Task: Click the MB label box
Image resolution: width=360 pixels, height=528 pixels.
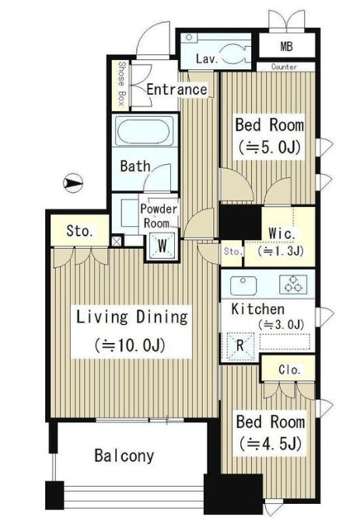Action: pyautogui.click(x=287, y=47)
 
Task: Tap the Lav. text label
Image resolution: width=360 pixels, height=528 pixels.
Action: pyautogui.click(x=206, y=59)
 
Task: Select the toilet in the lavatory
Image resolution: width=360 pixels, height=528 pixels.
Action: pyautogui.click(x=235, y=53)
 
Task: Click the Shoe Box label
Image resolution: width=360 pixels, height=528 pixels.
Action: pyautogui.click(x=121, y=84)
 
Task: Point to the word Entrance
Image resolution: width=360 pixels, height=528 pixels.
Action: pyautogui.click(x=177, y=89)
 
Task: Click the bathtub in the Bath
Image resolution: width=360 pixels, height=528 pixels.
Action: pyautogui.click(x=145, y=131)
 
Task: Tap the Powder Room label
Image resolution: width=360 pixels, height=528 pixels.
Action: pyautogui.click(x=159, y=216)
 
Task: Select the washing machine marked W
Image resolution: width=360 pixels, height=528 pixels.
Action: pyautogui.click(x=163, y=246)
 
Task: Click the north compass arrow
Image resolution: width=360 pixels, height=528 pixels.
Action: pyautogui.click(x=73, y=183)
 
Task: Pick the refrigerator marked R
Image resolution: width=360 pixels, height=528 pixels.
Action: pyautogui.click(x=239, y=345)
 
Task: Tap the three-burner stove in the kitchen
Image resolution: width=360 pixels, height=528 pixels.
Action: pyautogui.click(x=293, y=284)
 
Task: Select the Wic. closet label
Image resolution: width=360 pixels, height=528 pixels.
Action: pyautogui.click(x=282, y=233)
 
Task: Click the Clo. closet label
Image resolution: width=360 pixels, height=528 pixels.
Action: pyautogui.click(x=289, y=369)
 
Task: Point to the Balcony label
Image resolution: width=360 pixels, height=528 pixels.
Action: pyautogui.click(x=124, y=456)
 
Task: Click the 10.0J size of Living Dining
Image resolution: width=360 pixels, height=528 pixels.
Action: pyautogui.click(x=130, y=344)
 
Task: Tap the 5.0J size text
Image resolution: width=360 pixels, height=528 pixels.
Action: pyautogui.click(x=269, y=147)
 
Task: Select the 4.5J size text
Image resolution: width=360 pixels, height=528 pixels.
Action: pyautogui.click(x=271, y=443)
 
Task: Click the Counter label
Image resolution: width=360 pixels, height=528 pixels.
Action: pyautogui.click(x=285, y=67)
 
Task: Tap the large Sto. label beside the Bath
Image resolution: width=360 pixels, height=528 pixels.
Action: pyautogui.click(x=79, y=231)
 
